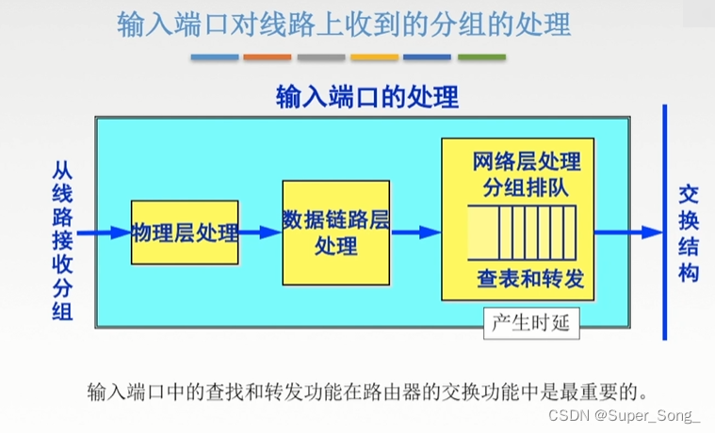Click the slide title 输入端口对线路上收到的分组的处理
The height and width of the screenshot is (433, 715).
click(x=344, y=25)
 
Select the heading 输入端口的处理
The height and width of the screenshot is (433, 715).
click(x=367, y=96)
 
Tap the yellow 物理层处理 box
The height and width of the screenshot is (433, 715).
click(x=185, y=232)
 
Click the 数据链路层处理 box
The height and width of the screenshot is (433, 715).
click(x=335, y=232)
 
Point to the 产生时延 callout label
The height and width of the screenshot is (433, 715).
click(x=530, y=324)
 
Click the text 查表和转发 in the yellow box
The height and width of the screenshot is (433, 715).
click(x=530, y=280)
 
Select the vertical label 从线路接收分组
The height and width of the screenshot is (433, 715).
click(x=62, y=240)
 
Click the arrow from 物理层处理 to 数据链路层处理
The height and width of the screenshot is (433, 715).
click(x=260, y=232)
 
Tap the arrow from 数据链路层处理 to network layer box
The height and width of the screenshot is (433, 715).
click(x=415, y=232)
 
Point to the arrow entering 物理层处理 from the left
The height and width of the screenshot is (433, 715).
click(x=105, y=232)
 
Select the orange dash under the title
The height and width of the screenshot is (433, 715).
click(x=268, y=57)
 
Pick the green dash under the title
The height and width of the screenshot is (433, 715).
click(x=481, y=57)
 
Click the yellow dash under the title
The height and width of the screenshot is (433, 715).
click(x=374, y=57)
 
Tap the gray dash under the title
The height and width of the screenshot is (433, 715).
click(x=321, y=57)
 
